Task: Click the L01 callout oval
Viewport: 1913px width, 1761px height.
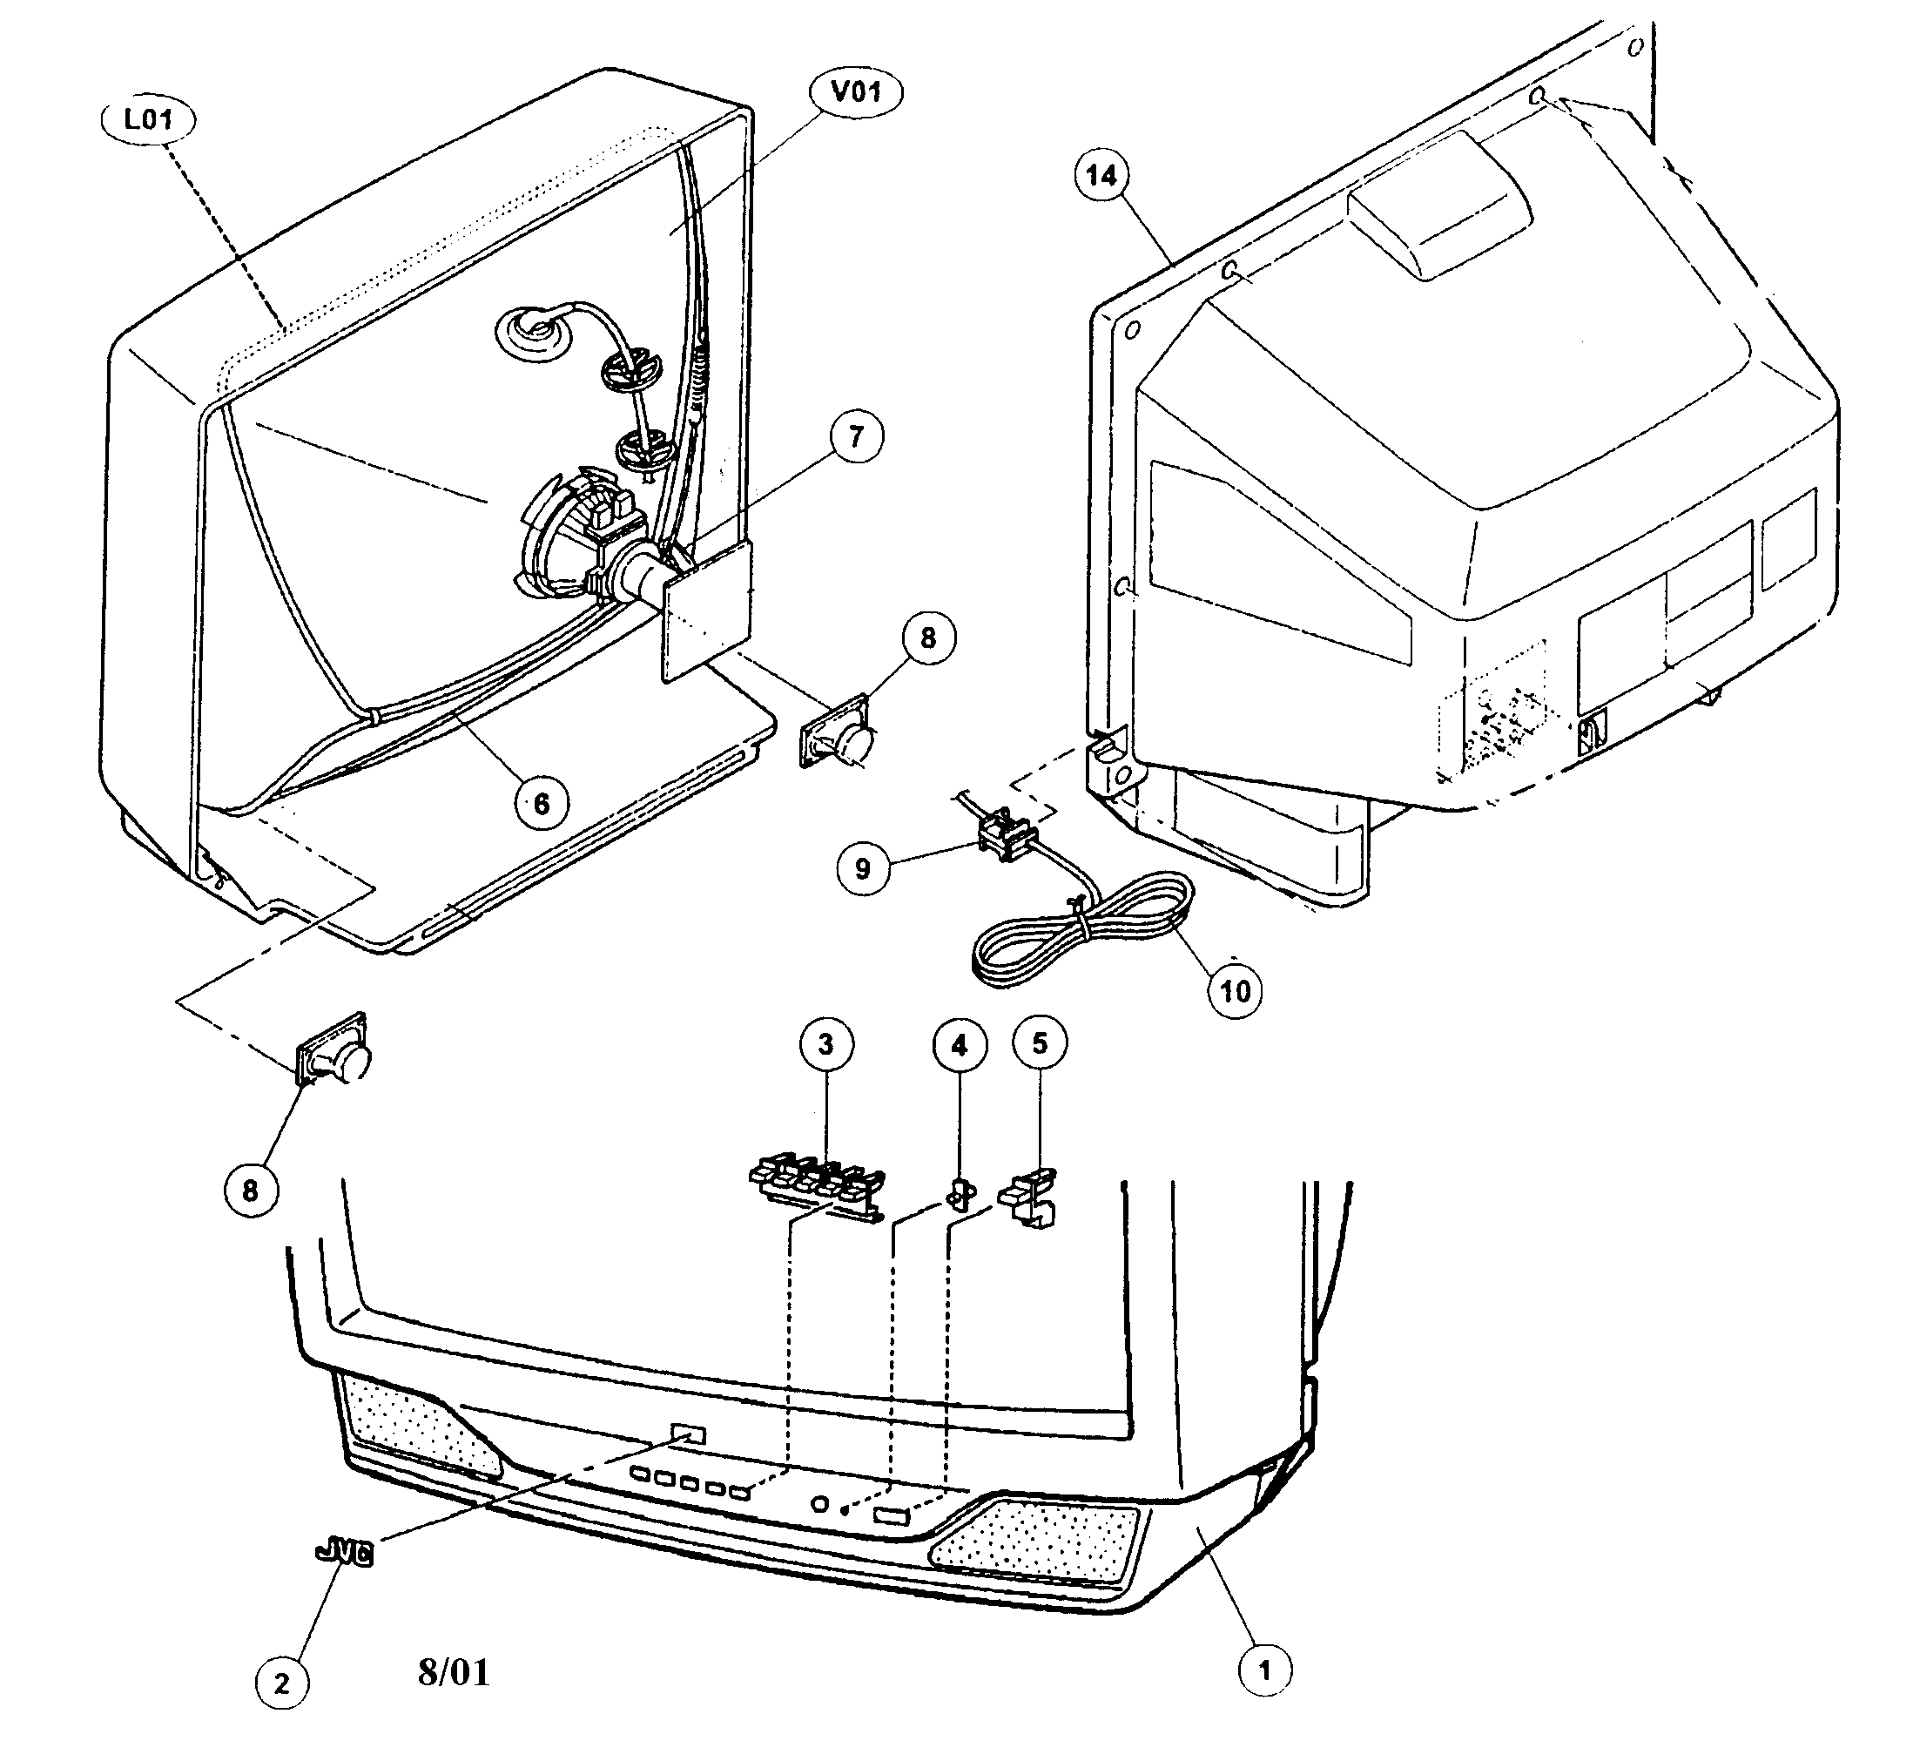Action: [149, 120]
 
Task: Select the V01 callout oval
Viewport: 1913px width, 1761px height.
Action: [857, 92]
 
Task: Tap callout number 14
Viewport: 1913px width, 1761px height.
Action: [1102, 175]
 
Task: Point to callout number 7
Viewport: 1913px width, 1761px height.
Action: [856, 436]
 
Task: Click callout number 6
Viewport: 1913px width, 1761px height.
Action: [541, 803]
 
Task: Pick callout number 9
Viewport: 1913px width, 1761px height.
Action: [863, 868]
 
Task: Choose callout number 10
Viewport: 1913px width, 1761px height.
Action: [1235, 991]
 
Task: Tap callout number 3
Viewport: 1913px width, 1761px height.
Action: [826, 1044]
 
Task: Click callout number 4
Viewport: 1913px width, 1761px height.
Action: [960, 1045]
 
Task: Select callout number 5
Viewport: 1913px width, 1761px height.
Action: [1040, 1042]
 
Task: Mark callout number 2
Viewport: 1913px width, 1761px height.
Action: [282, 1683]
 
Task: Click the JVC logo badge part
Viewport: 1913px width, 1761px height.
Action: [344, 1555]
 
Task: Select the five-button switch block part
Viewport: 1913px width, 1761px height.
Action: [818, 1184]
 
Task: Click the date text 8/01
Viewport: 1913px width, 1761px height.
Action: [454, 1671]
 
